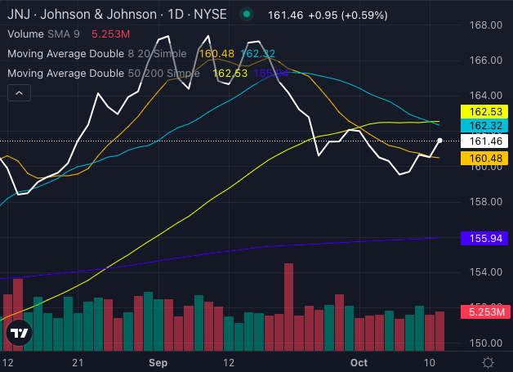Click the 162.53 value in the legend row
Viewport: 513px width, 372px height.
click(x=229, y=73)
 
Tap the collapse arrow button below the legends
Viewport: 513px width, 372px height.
click(x=19, y=94)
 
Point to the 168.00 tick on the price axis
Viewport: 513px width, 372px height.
click(x=487, y=25)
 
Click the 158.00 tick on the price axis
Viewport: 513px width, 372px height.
click(x=487, y=201)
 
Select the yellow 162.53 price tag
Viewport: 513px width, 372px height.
click(x=486, y=111)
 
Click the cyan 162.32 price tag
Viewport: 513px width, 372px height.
click(x=486, y=126)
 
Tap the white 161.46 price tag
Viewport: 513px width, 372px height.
click(x=486, y=141)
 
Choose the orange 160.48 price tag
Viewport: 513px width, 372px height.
click(x=486, y=157)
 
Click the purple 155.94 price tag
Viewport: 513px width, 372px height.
click(x=486, y=238)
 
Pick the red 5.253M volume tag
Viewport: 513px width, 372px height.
click(x=486, y=311)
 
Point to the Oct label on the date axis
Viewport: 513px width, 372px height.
click(x=359, y=361)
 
